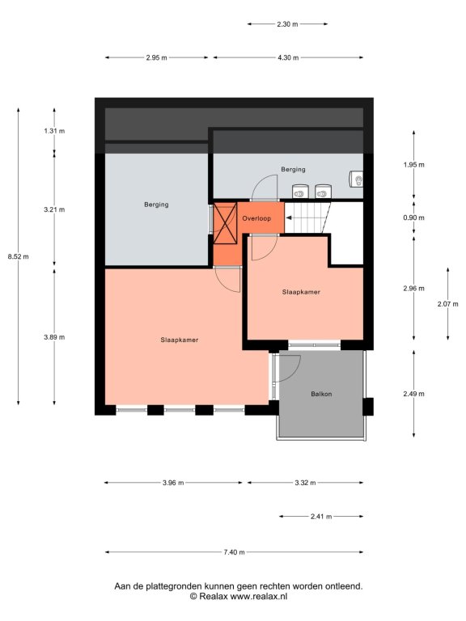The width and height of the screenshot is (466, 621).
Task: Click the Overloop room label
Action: click(256, 218)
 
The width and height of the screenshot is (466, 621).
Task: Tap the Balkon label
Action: click(321, 394)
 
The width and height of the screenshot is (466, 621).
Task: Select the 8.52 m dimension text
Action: click(19, 256)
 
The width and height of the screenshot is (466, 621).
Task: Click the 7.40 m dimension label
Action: click(234, 552)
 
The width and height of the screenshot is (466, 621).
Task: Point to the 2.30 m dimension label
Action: click(287, 24)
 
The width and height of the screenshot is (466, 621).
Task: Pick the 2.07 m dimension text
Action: click(447, 304)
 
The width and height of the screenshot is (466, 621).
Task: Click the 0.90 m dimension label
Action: click(413, 218)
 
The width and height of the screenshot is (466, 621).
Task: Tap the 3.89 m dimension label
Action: click(54, 337)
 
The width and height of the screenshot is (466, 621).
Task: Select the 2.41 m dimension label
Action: click(321, 517)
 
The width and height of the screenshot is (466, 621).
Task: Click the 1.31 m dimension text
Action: click(54, 131)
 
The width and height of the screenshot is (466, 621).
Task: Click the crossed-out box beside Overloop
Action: click(225, 223)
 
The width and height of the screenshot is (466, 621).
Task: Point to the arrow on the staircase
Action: click(289, 218)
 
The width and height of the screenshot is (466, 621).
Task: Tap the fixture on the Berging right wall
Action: click(356, 179)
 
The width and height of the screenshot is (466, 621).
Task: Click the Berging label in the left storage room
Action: click(156, 205)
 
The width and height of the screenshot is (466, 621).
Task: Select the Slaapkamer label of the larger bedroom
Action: click(180, 340)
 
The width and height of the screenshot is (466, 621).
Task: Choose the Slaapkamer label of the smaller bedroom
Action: click(301, 292)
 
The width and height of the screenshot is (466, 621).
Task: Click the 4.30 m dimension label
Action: click(288, 58)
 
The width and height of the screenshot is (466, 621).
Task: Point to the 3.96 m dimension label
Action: click(173, 483)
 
